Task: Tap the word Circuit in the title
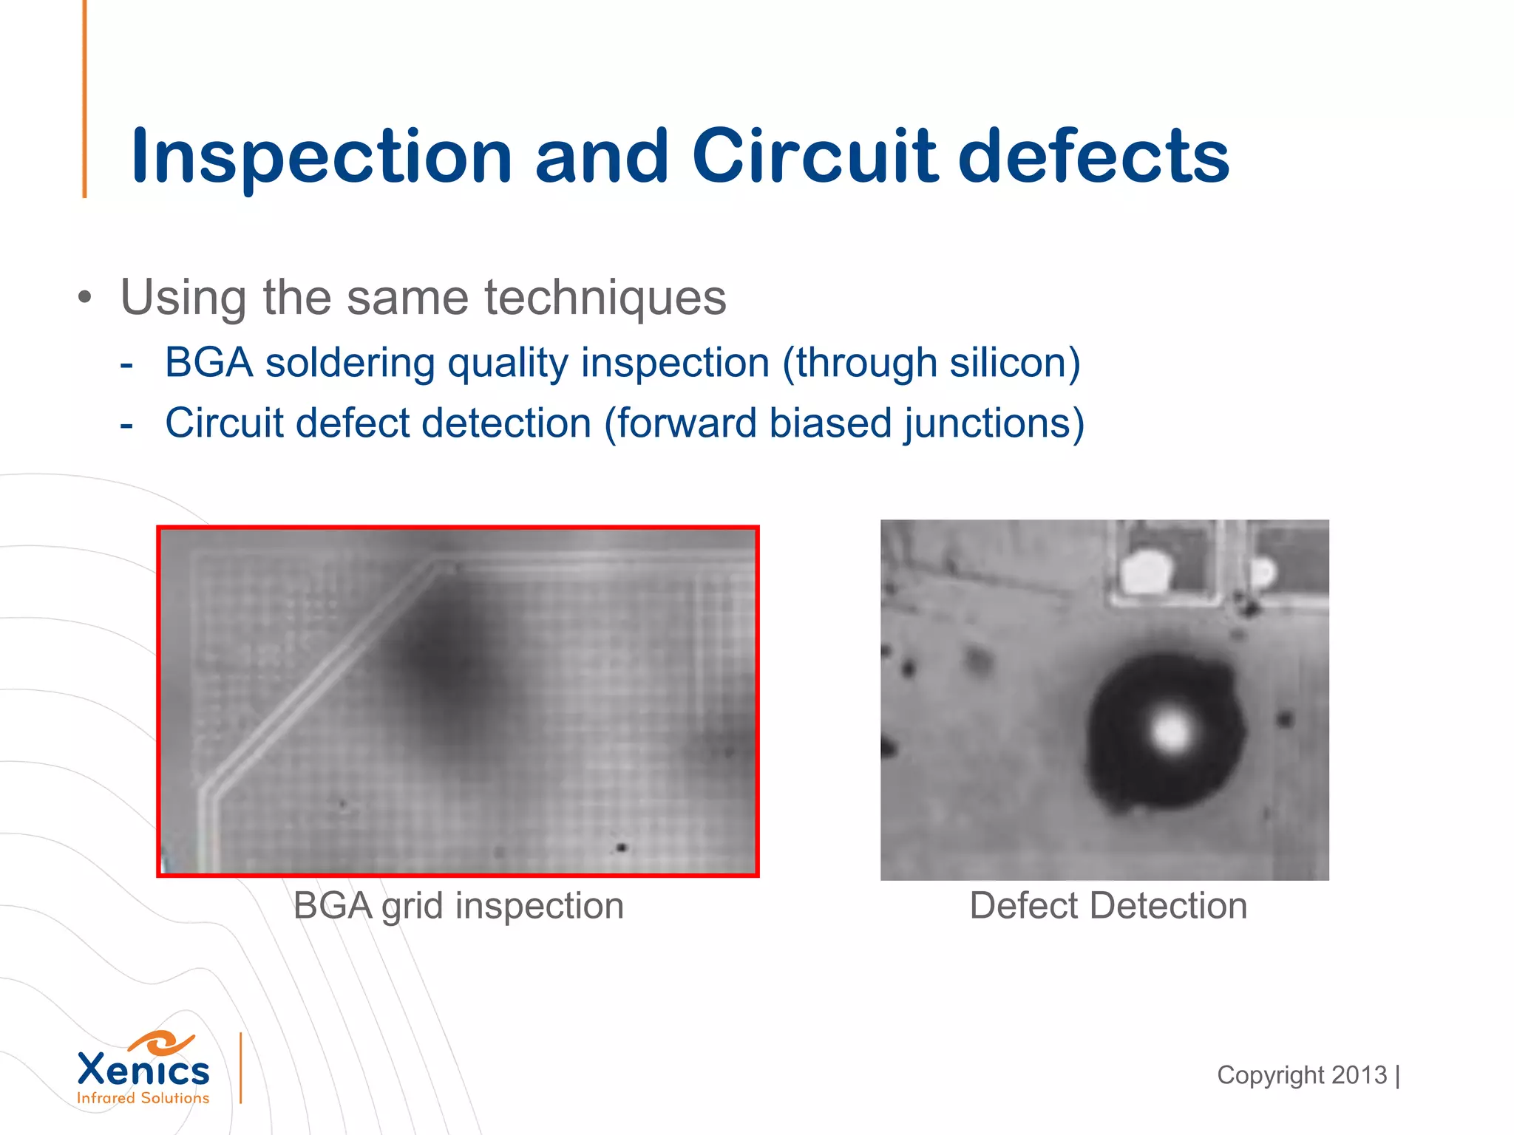click(815, 157)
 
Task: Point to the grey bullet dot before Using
click(86, 299)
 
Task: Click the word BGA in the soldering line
click(208, 363)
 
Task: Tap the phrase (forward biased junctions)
click(844, 423)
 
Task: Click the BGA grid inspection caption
click(458, 906)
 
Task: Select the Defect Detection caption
click(1107, 906)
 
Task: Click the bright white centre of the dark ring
click(1170, 731)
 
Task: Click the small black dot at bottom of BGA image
click(622, 847)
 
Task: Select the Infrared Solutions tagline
click(143, 1098)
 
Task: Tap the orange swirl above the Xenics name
click(160, 1043)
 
